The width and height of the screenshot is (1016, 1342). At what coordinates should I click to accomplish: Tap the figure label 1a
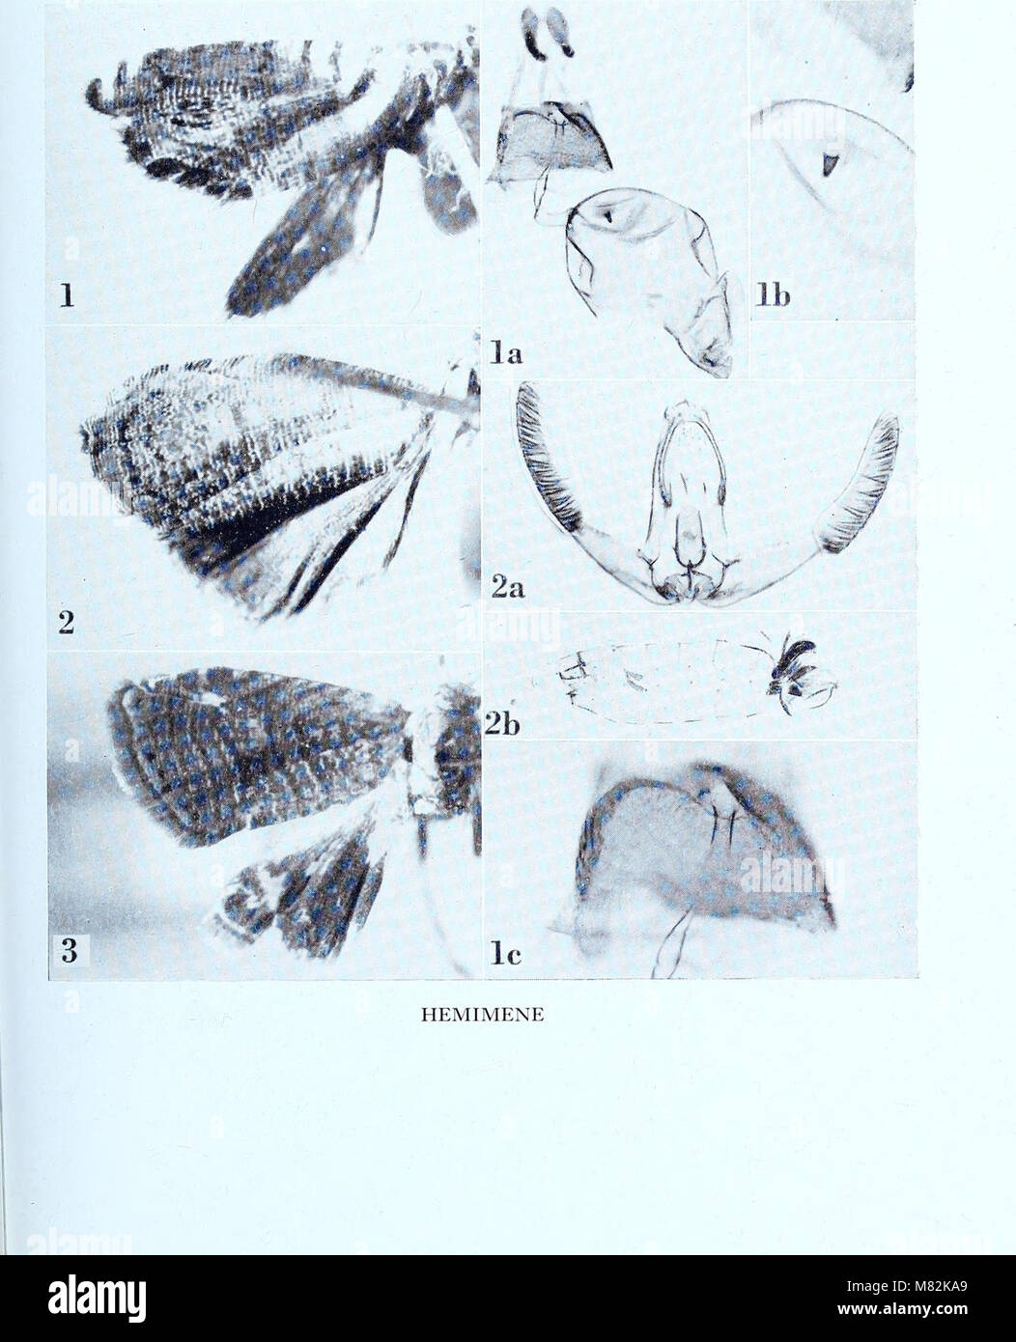click(506, 353)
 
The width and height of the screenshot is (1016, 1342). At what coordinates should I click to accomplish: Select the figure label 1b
click(772, 295)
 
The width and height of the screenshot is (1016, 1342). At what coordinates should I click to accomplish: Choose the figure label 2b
click(502, 724)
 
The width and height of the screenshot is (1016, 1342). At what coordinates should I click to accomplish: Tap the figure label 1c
click(505, 953)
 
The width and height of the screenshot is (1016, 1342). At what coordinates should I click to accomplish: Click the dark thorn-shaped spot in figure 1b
click(827, 164)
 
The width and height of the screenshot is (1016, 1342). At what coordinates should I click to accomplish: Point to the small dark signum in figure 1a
click(609, 215)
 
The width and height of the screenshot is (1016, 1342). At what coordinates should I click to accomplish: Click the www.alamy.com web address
click(902, 1306)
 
